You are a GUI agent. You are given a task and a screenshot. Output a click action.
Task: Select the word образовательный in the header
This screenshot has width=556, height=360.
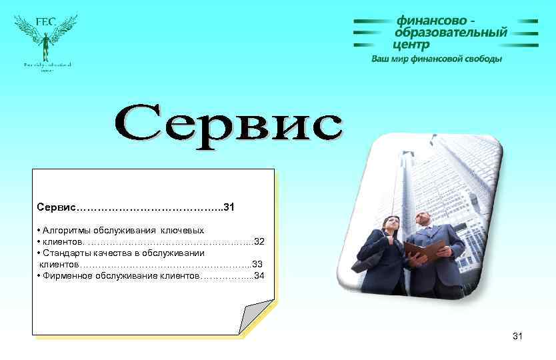pyautogui.click(x=451, y=33)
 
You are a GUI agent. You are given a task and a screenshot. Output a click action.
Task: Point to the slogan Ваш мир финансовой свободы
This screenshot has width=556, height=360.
pyautogui.click(x=437, y=59)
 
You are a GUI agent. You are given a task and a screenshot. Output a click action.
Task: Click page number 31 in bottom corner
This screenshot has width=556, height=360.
pyautogui.click(x=518, y=337)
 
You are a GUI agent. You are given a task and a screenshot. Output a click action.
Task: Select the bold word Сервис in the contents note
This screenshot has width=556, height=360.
pyautogui.click(x=57, y=207)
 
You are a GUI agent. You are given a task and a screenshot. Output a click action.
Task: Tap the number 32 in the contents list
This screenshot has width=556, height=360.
pyautogui.click(x=259, y=241)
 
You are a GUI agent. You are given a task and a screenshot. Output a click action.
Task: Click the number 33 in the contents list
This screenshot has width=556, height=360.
pyautogui.click(x=257, y=264)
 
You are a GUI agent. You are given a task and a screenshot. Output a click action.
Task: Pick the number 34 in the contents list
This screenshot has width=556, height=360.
pyautogui.click(x=259, y=275)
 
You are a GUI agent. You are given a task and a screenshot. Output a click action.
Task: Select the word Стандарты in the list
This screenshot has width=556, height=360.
pyautogui.click(x=66, y=253)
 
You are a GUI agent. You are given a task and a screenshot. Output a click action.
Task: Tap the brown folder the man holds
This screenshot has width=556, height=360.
pyautogui.click(x=423, y=251)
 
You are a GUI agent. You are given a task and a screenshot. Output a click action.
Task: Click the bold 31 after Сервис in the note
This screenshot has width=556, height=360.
pyautogui.click(x=229, y=207)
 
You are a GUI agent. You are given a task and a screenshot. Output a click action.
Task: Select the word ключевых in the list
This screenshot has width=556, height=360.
pyautogui.click(x=183, y=230)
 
